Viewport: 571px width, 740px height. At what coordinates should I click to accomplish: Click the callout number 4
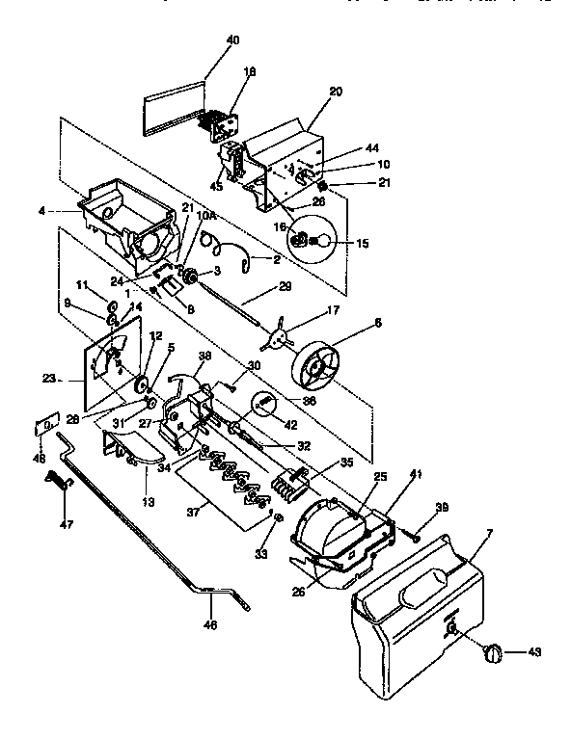tap(70, 212)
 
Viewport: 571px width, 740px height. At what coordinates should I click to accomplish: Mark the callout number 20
tap(336, 92)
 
